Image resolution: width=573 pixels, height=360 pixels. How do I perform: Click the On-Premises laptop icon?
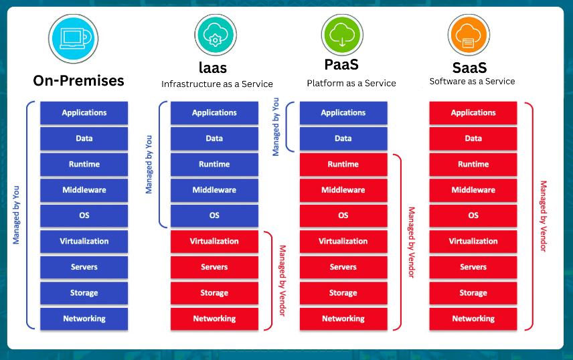click(74, 38)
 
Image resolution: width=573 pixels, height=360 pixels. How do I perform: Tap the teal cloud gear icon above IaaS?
click(215, 35)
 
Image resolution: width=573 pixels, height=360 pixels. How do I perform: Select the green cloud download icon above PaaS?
click(343, 35)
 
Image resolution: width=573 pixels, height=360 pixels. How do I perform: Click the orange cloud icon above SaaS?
click(470, 35)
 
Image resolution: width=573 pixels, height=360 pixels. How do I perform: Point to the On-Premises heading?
click(79, 81)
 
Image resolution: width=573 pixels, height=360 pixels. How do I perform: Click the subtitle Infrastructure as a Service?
click(217, 84)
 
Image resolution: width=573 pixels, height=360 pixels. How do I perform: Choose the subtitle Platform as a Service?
click(351, 84)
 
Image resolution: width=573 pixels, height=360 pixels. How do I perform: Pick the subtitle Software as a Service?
click(472, 82)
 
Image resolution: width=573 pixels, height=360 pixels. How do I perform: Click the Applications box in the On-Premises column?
click(84, 113)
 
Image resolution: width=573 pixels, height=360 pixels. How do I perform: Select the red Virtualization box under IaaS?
click(214, 242)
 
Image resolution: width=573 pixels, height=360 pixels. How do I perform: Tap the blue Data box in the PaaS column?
click(343, 139)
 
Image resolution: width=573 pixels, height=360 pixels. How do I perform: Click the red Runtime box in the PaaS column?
click(343, 165)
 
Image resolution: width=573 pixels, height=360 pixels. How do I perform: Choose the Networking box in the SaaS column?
click(473, 319)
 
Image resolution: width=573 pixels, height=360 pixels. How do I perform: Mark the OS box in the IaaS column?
click(214, 215)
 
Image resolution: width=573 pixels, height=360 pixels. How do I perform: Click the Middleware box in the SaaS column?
click(473, 190)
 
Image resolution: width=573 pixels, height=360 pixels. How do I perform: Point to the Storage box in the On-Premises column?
click(84, 293)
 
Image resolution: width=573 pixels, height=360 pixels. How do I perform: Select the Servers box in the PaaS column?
click(343, 267)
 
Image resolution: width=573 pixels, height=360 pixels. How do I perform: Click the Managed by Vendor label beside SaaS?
click(544, 215)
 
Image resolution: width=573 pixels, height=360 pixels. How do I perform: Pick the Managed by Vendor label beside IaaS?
click(282, 280)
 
